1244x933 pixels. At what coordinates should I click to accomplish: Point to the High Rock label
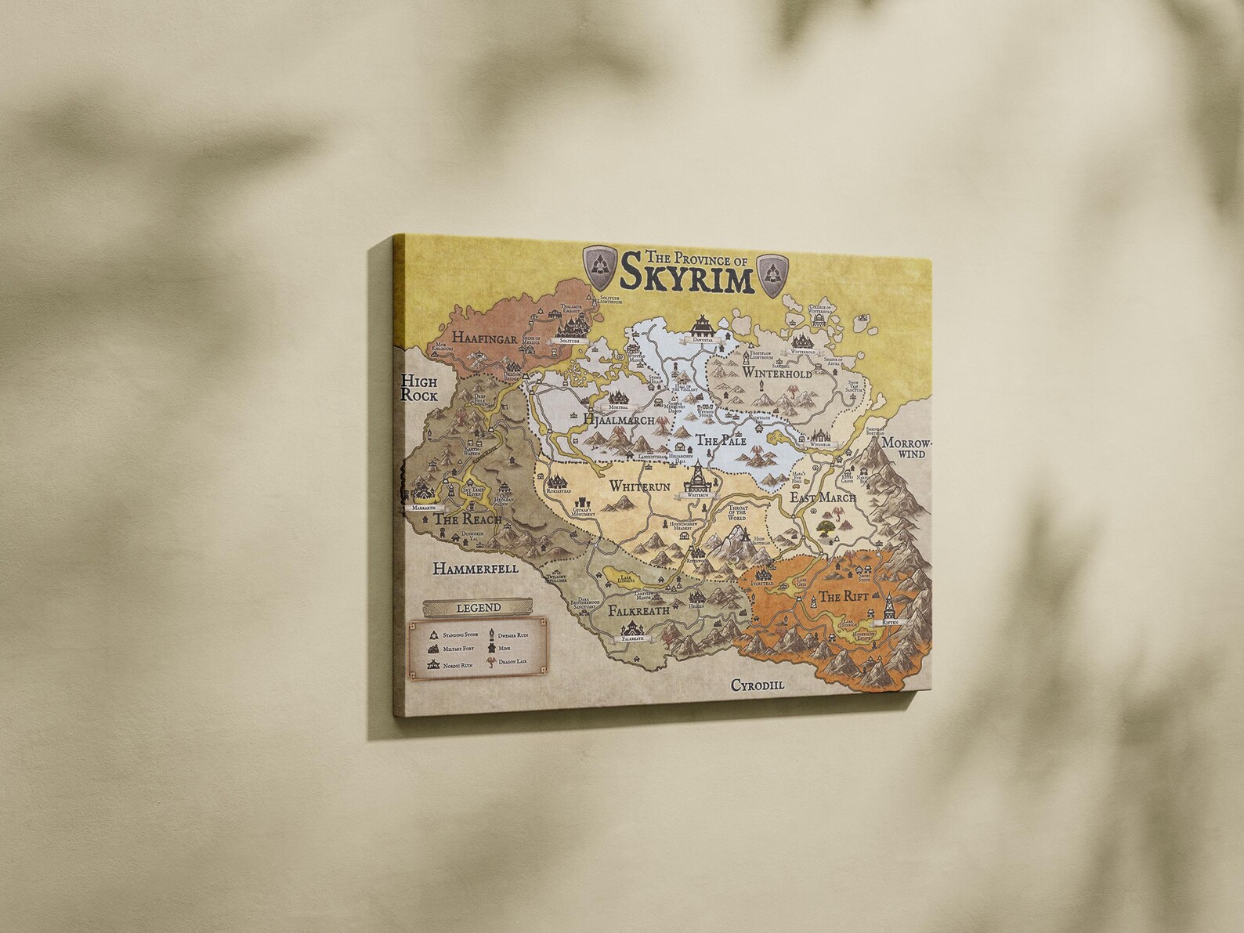coord(419,388)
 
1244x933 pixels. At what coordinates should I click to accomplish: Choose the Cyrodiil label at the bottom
coord(758,685)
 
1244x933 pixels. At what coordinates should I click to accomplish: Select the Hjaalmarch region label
coord(619,421)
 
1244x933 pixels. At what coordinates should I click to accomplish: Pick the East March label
coord(823,497)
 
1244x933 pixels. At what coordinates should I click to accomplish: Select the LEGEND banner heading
coord(461,607)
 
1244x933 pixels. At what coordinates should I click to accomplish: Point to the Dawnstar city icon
coord(700,324)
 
